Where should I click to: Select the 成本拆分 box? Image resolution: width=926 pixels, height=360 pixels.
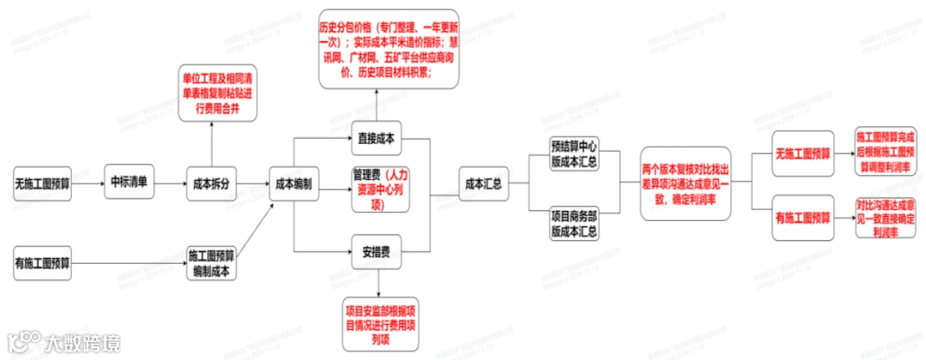(x=211, y=183)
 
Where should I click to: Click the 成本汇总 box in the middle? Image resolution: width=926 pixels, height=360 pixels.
(x=482, y=183)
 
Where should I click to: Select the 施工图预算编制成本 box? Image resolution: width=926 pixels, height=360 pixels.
(x=211, y=262)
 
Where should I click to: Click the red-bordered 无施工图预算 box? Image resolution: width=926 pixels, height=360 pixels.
(x=803, y=153)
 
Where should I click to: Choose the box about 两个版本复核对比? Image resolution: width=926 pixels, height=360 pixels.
(x=684, y=183)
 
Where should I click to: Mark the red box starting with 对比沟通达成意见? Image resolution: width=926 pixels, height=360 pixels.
(x=884, y=219)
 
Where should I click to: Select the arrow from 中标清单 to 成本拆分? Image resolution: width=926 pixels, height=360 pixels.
(x=170, y=183)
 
